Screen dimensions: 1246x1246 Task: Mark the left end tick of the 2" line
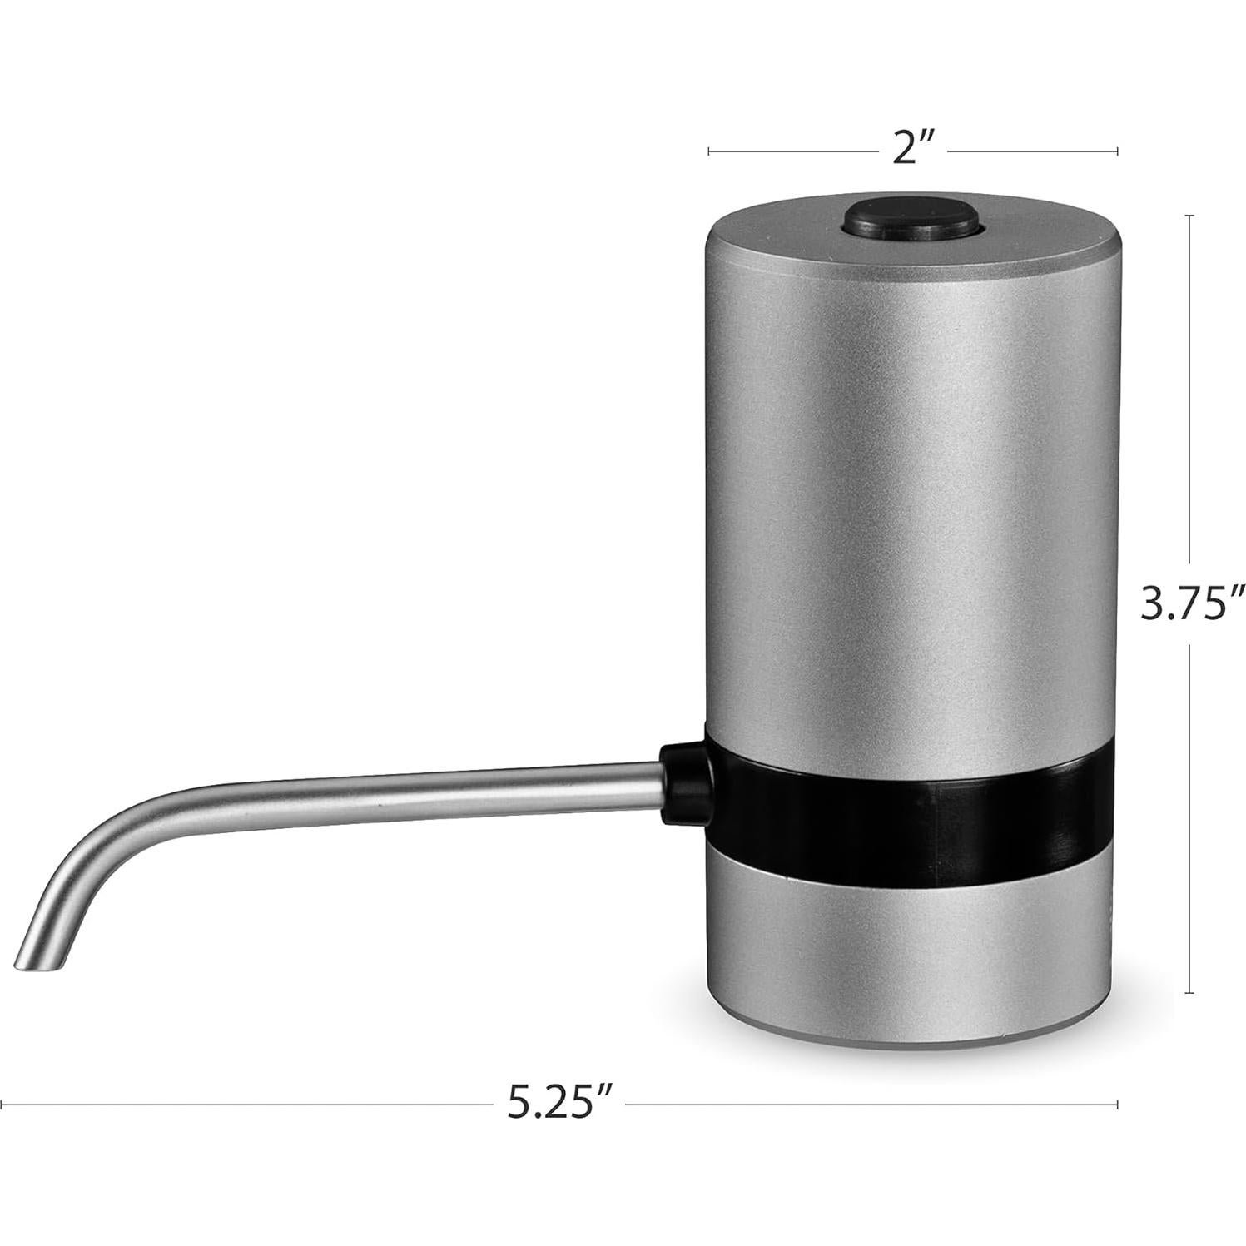point(708,151)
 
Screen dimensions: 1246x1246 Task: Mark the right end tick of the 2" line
point(1116,151)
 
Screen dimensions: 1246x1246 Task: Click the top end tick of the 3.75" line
point(1189,216)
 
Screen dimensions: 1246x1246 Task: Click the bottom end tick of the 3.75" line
point(1189,992)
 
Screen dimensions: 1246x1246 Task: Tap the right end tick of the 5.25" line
point(1116,1105)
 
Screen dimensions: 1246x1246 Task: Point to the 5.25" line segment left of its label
point(250,1105)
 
